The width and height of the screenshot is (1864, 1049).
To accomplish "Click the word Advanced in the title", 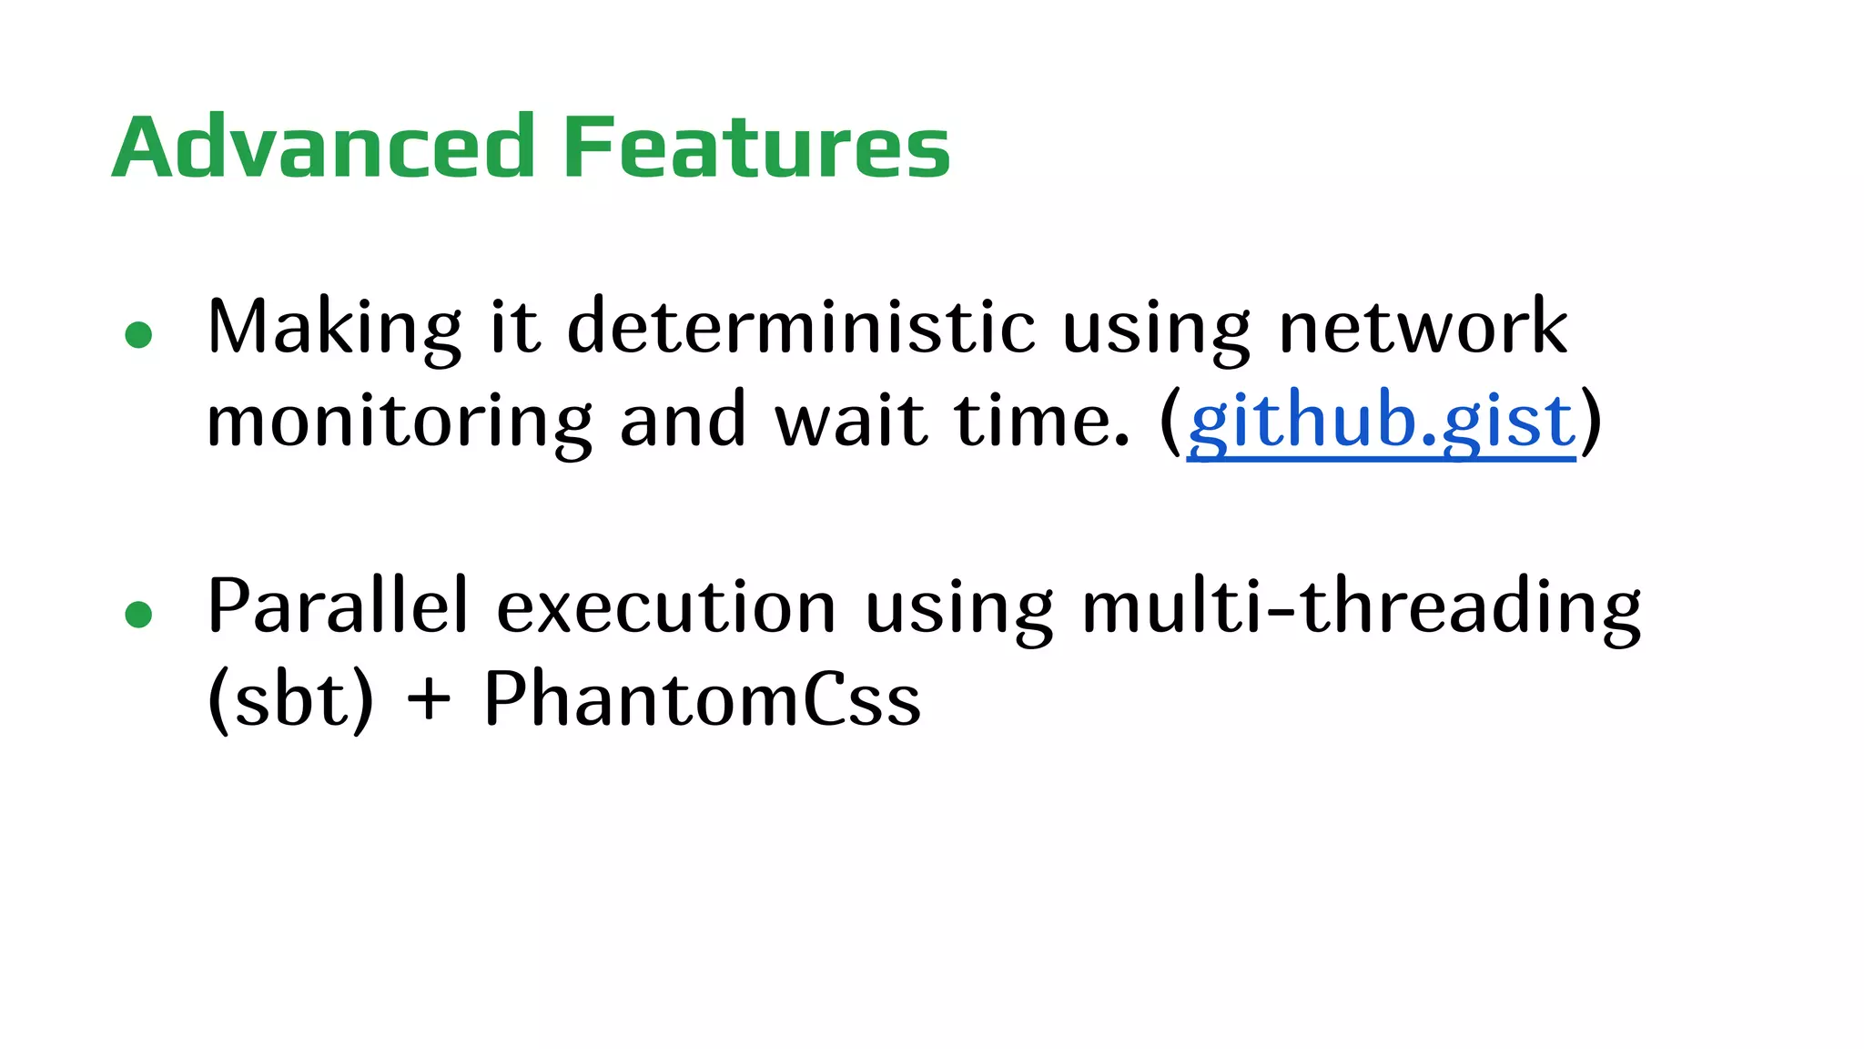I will pyautogui.click(x=323, y=147).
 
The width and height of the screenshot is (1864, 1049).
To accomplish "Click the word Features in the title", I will pyautogui.click(x=756, y=147).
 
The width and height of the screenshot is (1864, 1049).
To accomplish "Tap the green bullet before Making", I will pyautogui.click(x=138, y=335).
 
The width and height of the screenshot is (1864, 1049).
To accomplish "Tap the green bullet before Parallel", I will pyautogui.click(x=138, y=615).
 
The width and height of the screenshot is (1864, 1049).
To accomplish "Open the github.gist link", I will pyautogui.click(x=1381, y=422).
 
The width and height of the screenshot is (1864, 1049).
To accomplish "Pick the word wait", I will pyautogui.click(x=851, y=422).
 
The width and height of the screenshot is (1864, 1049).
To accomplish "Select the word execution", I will pyautogui.click(x=666, y=607).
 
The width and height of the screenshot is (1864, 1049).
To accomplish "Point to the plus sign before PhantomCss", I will pyautogui.click(x=429, y=701).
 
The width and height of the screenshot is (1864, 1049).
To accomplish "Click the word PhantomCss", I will pyautogui.click(x=702, y=700).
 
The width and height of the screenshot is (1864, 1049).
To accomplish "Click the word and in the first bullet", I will pyautogui.click(x=682, y=422).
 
